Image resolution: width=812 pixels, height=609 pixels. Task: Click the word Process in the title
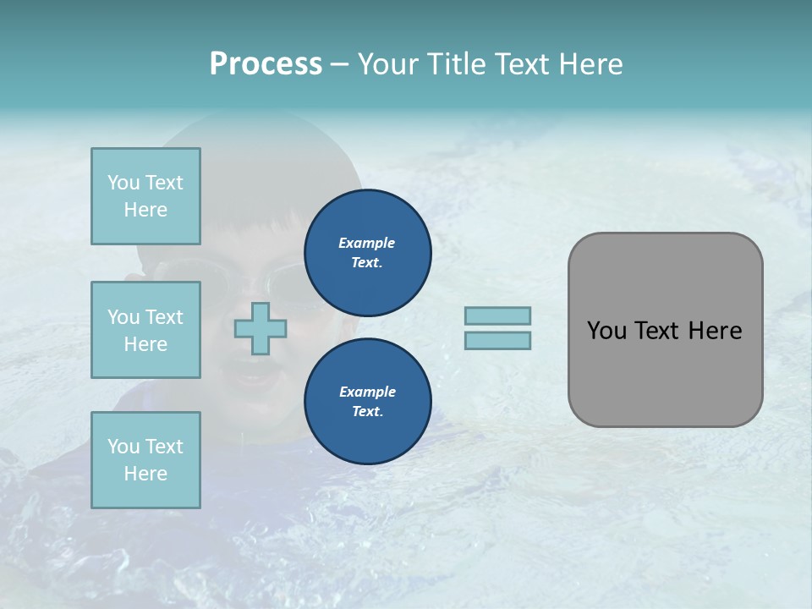tap(266, 64)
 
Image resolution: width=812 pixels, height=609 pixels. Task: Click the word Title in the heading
tap(455, 64)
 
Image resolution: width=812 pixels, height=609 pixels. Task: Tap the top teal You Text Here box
tap(145, 196)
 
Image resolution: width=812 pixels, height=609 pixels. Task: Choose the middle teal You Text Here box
tap(145, 330)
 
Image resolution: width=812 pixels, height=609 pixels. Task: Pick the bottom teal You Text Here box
tap(145, 460)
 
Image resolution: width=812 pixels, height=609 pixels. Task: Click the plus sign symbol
tap(261, 328)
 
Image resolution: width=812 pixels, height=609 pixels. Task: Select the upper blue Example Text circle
tap(367, 253)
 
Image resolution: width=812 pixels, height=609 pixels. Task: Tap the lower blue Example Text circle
tap(367, 402)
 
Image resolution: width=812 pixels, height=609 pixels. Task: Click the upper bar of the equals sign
tap(497, 315)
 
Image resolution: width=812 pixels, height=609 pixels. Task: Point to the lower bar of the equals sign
tap(497, 340)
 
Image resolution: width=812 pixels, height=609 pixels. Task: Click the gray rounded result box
tap(665, 372)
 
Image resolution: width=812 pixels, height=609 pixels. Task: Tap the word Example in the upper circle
tap(367, 243)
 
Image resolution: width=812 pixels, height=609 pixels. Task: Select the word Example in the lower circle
tap(367, 392)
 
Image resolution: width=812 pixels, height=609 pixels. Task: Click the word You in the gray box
tap(607, 331)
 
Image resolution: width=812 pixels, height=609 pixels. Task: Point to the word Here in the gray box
tap(715, 331)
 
